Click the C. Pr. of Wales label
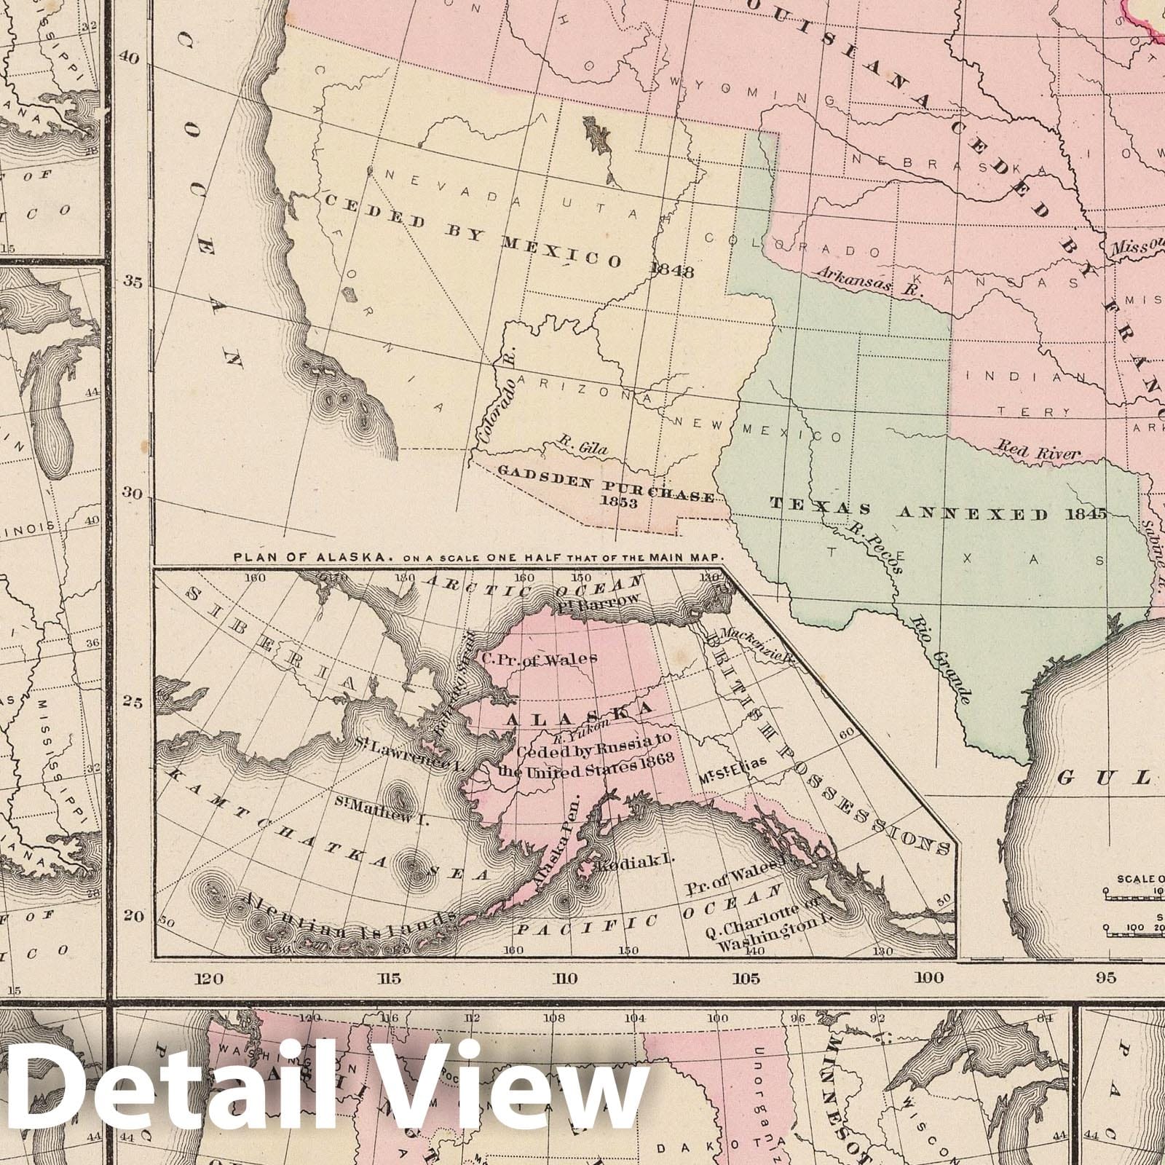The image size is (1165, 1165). pos(540,658)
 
